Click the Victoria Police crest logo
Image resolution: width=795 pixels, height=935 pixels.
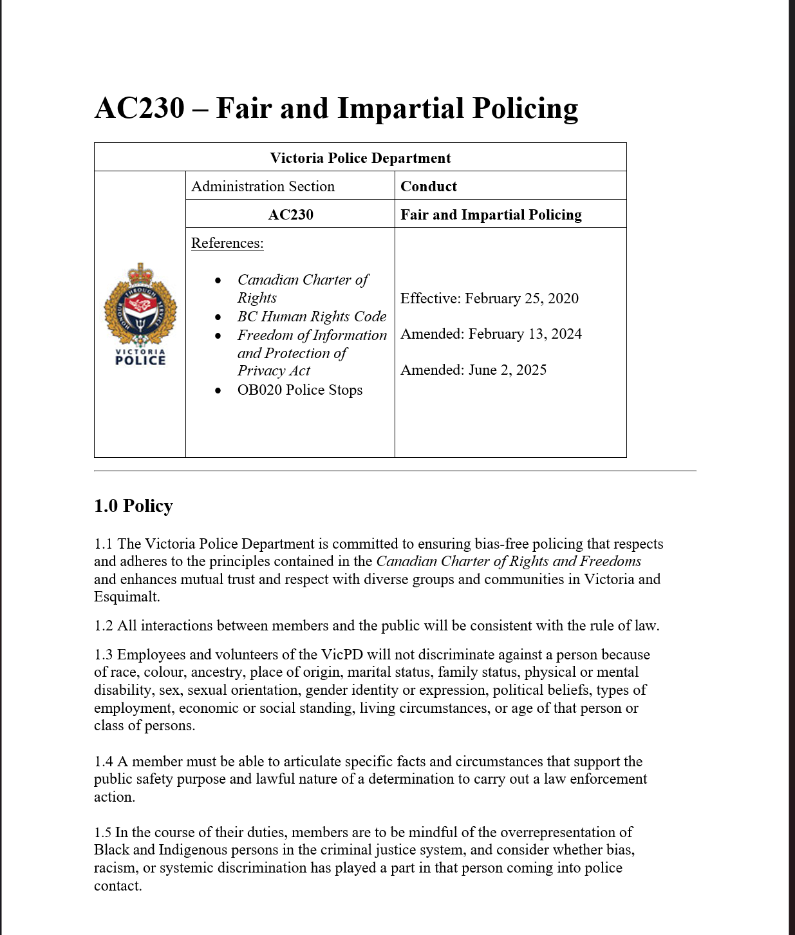pyautogui.click(x=140, y=303)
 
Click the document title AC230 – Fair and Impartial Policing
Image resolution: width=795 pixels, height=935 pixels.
pyautogui.click(x=336, y=108)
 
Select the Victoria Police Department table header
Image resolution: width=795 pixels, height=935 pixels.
pyautogui.click(x=360, y=158)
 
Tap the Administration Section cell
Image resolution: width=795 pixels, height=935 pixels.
pyautogui.click(x=263, y=186)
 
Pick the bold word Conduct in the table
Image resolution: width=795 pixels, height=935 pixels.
pyautogui.click(x=428, y=186)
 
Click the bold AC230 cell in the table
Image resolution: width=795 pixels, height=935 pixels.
pyautogui.click(x=290, y=214)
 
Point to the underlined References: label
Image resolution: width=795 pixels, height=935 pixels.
pyautogui.click(x=227, y=243)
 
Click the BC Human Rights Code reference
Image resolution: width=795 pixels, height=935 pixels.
pyautogui.click(x=312, y=316)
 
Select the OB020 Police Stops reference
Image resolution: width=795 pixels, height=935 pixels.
pyautogui.click(x=299, y=390)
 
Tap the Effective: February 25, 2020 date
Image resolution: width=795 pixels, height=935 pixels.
pyautogui.click(x=489, y=298)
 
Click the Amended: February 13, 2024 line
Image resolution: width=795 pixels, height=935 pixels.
pyautogui.click(x=491, y=334)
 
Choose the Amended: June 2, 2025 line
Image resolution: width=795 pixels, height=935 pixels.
pyautogui.click(x=473, y=370)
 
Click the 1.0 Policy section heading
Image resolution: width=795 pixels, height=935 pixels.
pyautogui.click(x=133, y=506)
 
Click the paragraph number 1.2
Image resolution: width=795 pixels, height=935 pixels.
pyautogui.click(x=103, y=626)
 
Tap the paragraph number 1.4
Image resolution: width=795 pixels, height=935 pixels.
pyautogui.click(x=103, y=762)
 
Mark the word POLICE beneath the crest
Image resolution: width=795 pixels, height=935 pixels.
pyautogui.click(x=140, y=361)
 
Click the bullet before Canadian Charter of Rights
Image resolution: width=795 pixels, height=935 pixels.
pyautogui.click(x=218, y=280)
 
